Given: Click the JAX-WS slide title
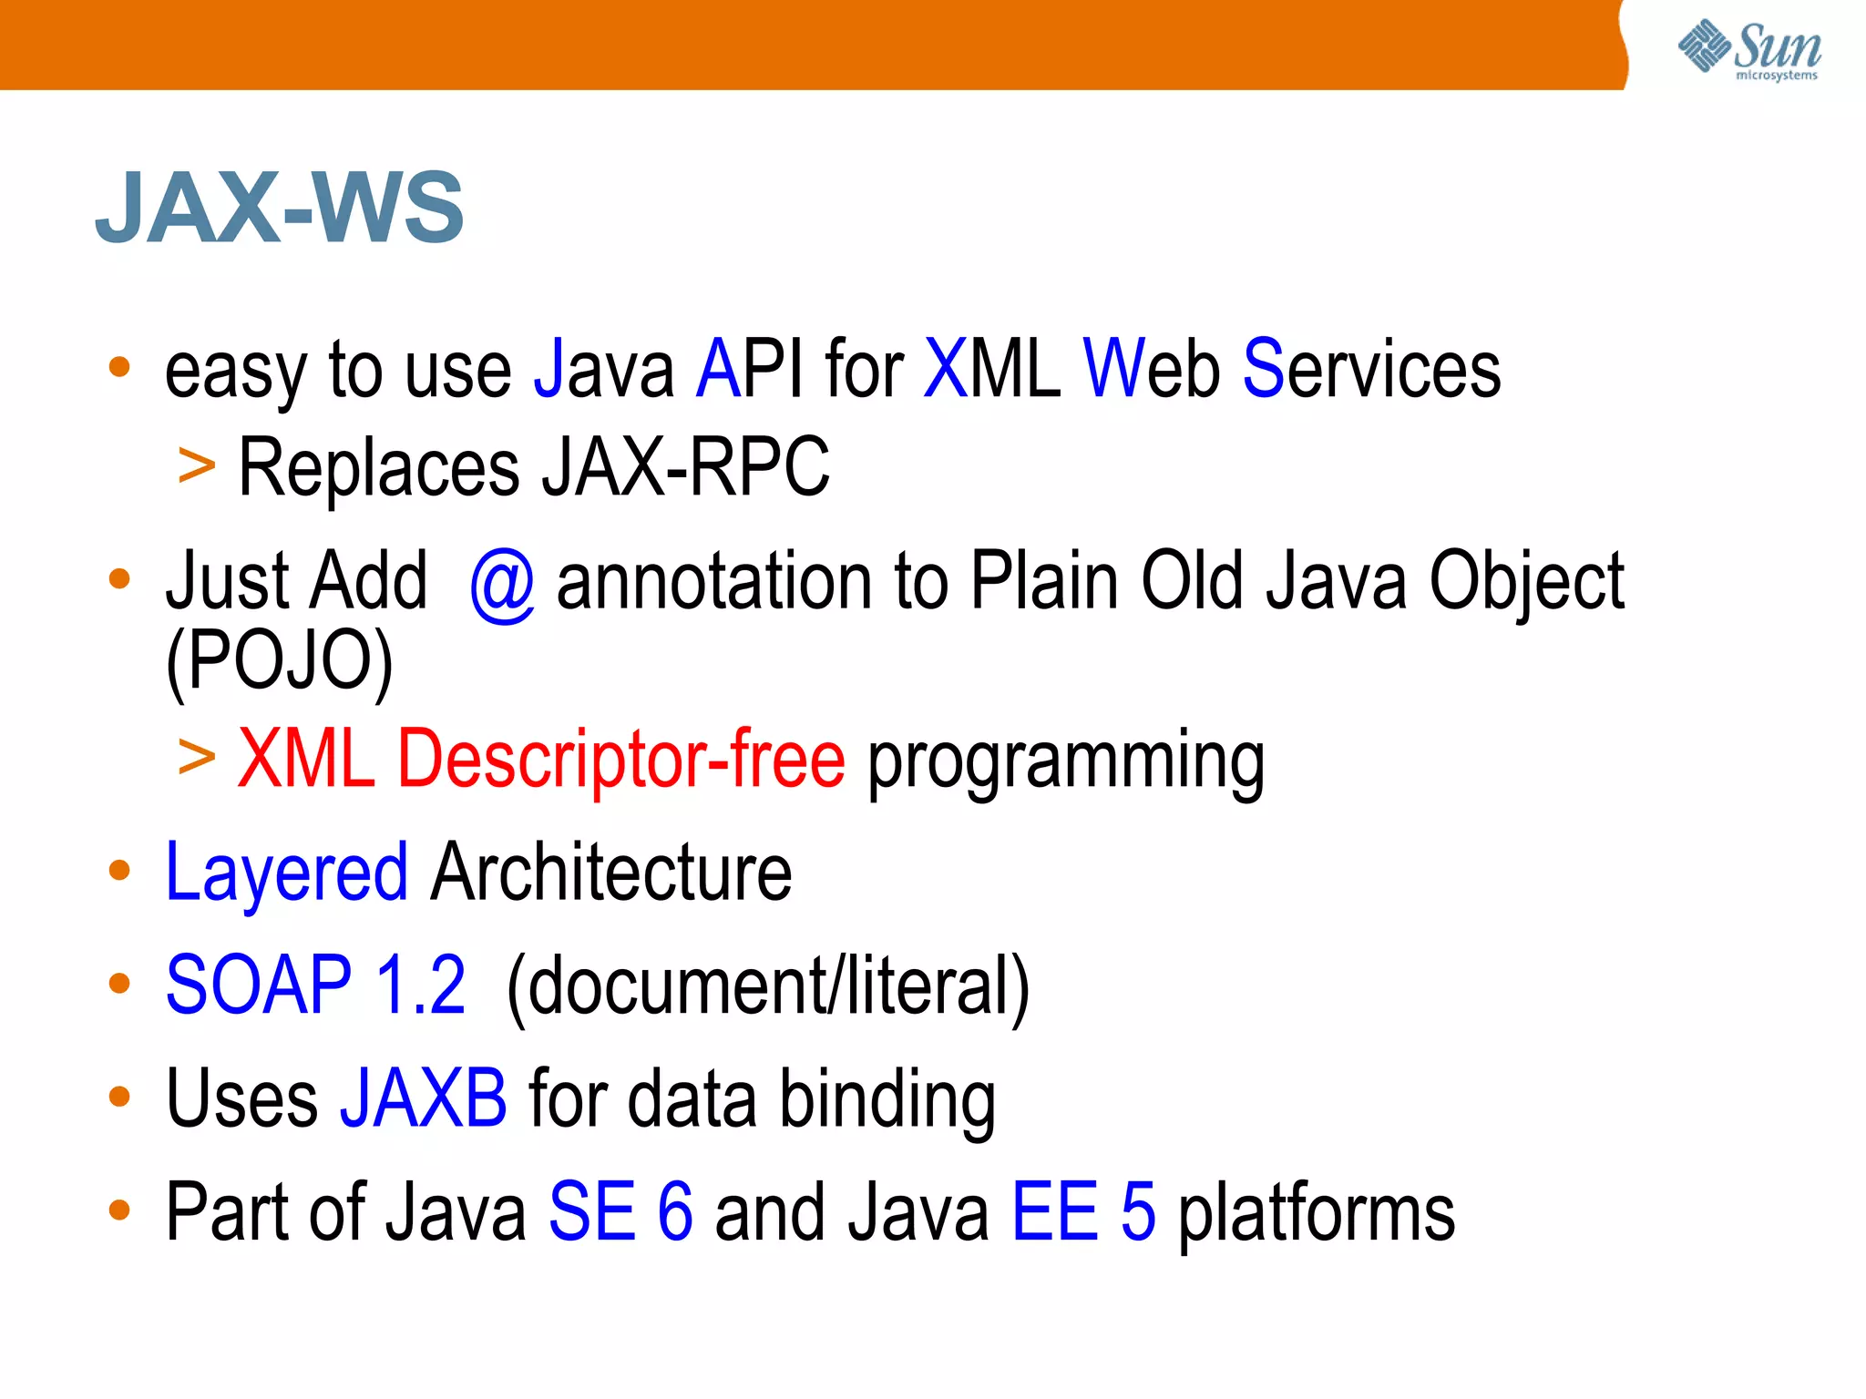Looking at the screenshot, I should click(280, 208).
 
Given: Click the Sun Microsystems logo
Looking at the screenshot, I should click(1748, 50).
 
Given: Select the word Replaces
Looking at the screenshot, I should click(378, 468).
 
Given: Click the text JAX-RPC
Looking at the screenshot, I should click(685, 468).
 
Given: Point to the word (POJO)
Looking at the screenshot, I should click(279, 662).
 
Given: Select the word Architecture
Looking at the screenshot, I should click(611, 873).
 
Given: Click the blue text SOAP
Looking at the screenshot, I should click(259, 985).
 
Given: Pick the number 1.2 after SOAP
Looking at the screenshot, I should click(420, 985).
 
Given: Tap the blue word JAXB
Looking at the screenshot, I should click(423, 1098).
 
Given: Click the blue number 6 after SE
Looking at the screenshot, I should click(674, 1212).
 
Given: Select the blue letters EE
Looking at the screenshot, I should click(1054, 1212).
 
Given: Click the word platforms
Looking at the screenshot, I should click(1317, 1215).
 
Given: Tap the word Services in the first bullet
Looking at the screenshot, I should click(1371, 369).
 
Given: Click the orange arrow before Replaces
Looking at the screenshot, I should click(197, 467).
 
